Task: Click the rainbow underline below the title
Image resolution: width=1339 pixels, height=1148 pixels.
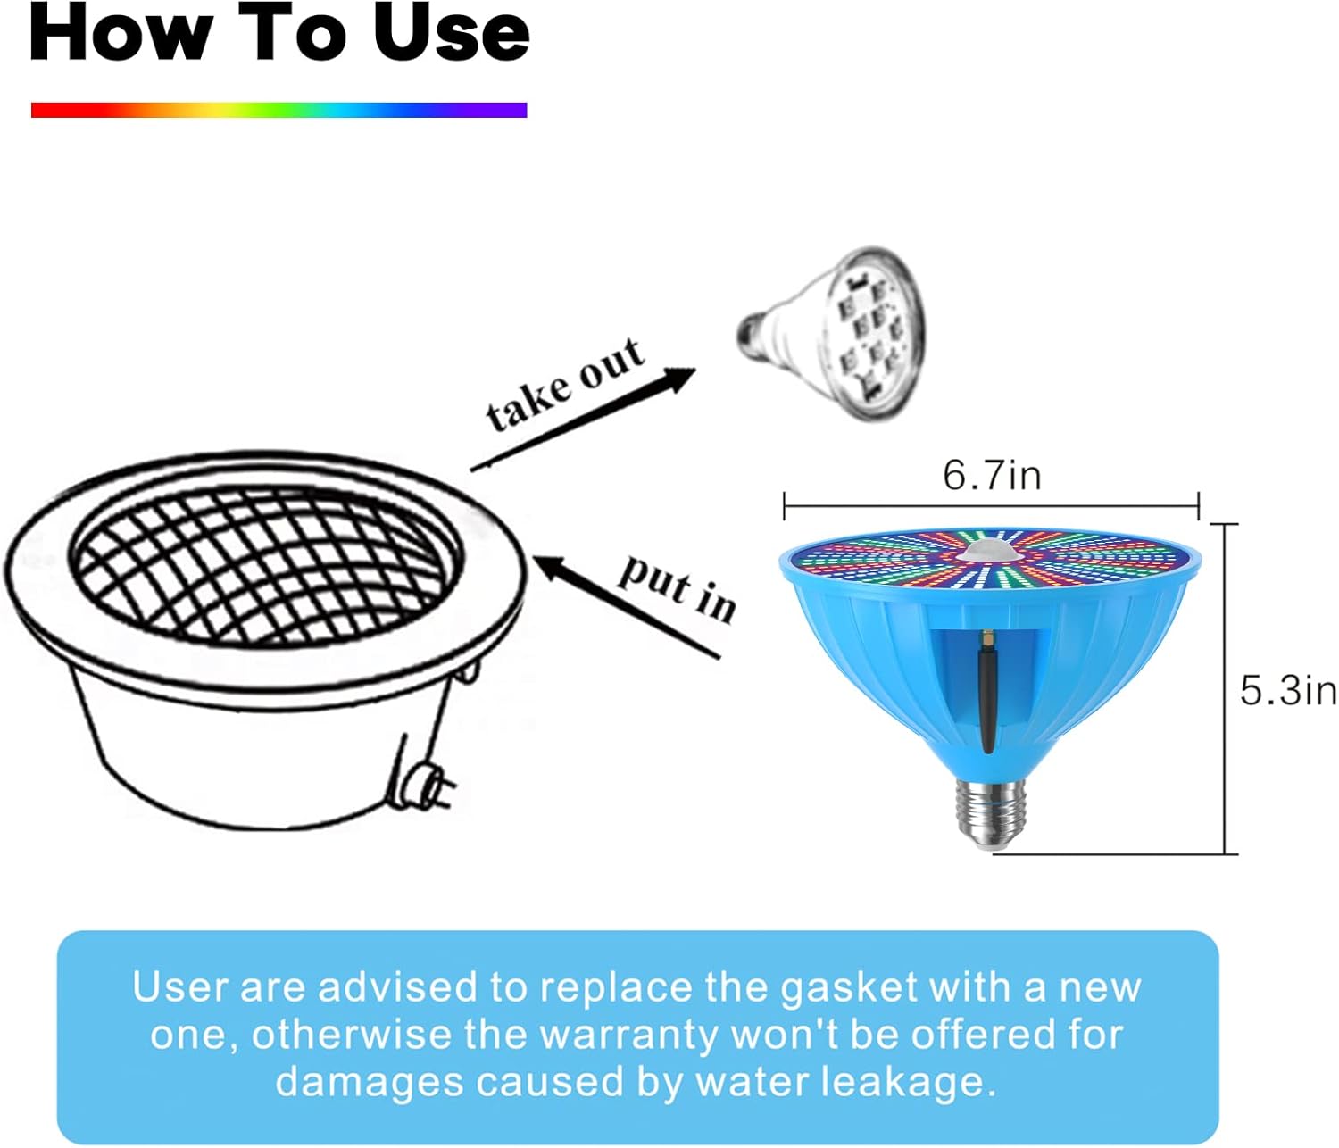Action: (279, 110)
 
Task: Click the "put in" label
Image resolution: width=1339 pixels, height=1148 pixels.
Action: (678, 587)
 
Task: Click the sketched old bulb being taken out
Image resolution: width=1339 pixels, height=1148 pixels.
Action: (836, 335)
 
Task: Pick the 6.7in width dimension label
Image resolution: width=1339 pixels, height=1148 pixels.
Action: (992, 474)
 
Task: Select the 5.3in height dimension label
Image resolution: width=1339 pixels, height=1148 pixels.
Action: (1288, 690)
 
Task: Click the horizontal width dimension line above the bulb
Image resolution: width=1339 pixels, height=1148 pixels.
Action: (991, 507)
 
